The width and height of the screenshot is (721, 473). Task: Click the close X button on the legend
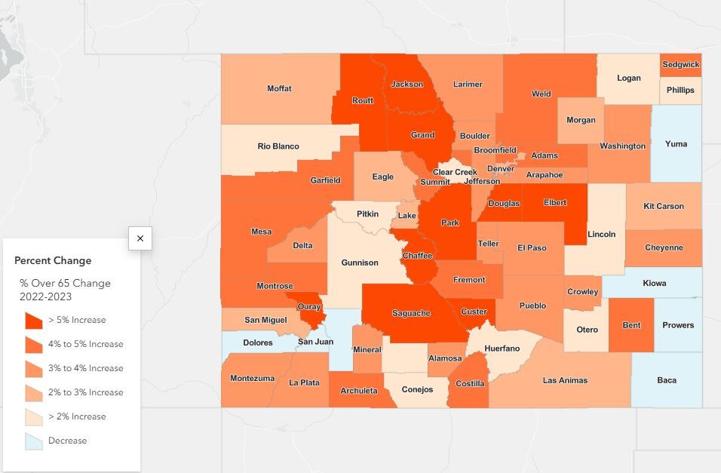[140, 238]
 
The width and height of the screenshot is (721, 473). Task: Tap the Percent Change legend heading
[53, 260]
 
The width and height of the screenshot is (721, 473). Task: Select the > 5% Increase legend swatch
[33, 320]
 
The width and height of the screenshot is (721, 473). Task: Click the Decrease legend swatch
[33, 441]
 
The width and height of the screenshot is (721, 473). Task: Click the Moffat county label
[279, 89]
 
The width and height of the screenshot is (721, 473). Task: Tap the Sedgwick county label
[680, 65]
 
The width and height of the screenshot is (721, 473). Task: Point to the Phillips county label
[680, 91]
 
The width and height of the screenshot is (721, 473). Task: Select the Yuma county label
[676, 144]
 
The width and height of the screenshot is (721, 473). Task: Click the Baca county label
[667, 380]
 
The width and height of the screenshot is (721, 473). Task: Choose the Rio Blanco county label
[278, 146]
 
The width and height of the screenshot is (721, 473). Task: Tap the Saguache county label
[411, 313]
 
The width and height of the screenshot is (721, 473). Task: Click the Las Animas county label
[565, 380]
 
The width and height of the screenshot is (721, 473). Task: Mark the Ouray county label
[309, 307]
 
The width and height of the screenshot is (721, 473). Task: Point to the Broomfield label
[495, 150]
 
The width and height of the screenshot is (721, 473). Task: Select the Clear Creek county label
[455, 172]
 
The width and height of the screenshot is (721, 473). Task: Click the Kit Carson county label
[664, 206]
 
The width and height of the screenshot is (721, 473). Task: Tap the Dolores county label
[258, 342]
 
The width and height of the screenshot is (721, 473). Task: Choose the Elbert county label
[554, 202]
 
